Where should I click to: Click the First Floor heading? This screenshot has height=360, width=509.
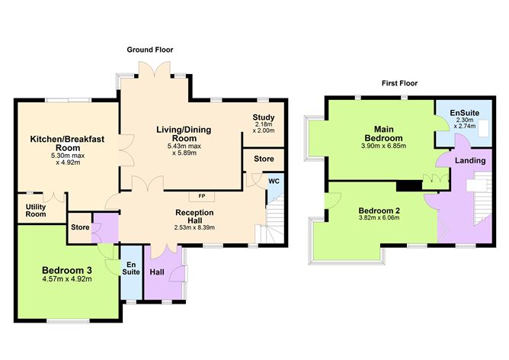(399, 83)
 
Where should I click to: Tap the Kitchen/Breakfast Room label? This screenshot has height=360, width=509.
(72, 143)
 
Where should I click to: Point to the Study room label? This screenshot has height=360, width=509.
(264, 117)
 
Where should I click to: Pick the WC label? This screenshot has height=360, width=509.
(273, 182)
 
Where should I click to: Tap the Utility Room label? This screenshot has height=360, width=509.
(35, 211)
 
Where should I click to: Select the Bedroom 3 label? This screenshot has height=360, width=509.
(67, 269)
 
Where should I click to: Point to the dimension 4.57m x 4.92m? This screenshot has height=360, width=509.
(67, 279)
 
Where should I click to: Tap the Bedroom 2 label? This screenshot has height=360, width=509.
(379, 208)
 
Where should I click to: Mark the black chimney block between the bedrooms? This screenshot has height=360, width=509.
(409, 185)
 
